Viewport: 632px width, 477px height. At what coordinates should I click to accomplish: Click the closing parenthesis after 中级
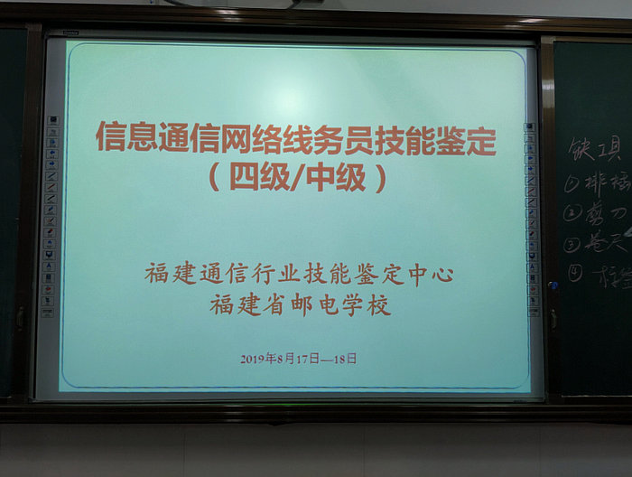380,177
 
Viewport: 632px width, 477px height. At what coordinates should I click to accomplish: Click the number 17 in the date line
302,359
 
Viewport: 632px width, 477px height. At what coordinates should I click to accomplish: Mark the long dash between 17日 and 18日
326,359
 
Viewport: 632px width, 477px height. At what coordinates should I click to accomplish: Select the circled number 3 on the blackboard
572,243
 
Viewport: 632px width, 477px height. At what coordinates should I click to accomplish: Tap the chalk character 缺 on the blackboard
581,148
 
